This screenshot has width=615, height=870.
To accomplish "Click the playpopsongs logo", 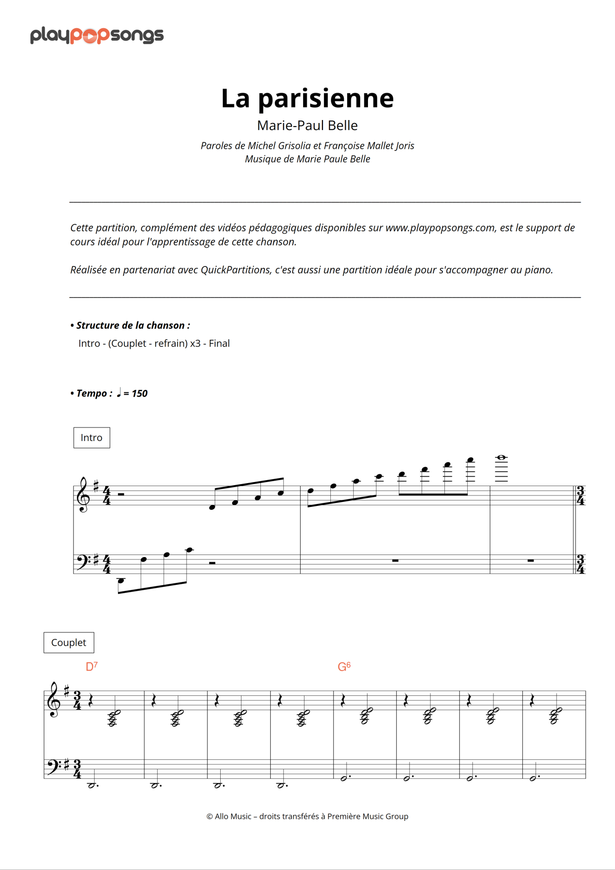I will (x=97, y=36).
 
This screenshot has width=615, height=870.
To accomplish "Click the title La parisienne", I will (x=307, y=98).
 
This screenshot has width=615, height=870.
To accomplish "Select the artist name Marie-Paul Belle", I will (x=307, y=125).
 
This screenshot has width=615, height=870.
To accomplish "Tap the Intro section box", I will (x=92, y=437).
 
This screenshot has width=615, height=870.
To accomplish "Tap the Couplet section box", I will (x=69, y=642).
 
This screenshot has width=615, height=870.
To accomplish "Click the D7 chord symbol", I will (x=92, y=667).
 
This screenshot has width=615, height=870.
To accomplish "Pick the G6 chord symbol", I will (x=344, y=667).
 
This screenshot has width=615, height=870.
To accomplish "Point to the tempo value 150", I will (x=139, y=393).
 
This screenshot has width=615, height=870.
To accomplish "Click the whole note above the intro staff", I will (x=501, y=457).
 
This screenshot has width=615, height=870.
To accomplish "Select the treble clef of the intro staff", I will (x=83, y=495).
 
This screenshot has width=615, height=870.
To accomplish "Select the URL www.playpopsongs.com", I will (x=440, y=228).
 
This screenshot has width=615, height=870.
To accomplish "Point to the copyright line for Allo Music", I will (x=307, y=816).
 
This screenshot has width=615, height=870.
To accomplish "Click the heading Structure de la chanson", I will (x=132, y=325).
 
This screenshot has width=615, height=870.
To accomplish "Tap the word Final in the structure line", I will (x=219, y=343).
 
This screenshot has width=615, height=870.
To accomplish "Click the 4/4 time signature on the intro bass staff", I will (x=107, y=564).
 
